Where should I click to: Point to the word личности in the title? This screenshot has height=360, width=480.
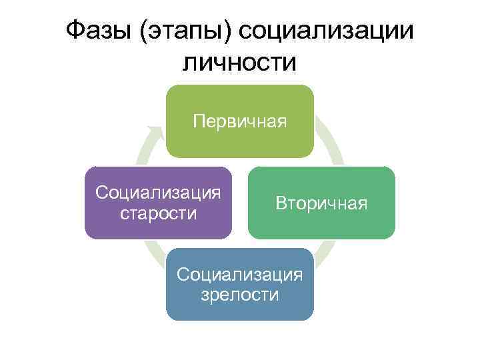[239, 63]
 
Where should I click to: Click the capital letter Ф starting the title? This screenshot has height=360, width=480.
[76, 30]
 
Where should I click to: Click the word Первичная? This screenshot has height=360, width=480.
[239, 121]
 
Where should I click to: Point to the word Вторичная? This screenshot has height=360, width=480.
[321, 203]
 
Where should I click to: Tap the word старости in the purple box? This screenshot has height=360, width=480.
[158, 213]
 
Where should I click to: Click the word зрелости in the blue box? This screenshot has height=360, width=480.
[239, 295]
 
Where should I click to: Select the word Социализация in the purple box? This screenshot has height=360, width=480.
[158, 193]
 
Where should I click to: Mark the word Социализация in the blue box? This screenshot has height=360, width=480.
[239, 274]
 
